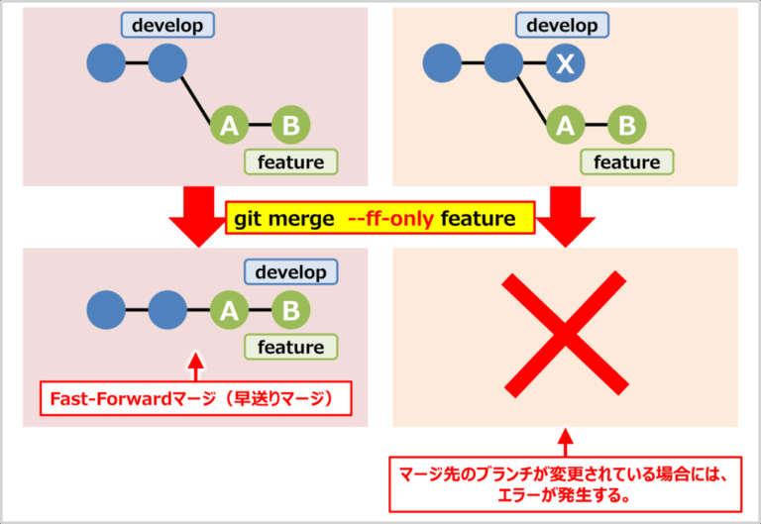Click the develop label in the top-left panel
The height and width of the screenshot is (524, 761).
coord(167,25)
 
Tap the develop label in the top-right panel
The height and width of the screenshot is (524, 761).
coord(562,25)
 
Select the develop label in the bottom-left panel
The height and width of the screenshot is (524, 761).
coord(290,271)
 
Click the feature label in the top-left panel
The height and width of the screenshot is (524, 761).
coord(290,162)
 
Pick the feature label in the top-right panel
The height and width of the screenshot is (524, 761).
coord(627,162)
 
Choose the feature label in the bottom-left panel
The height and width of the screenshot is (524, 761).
coord(290,347)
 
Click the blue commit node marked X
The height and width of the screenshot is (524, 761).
coord(566,63)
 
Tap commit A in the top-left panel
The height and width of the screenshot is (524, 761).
coord(230,125)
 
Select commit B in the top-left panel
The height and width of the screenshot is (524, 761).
coord(291,125)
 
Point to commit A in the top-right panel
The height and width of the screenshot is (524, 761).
coord(566,125)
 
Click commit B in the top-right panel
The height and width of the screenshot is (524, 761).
coord(627,125)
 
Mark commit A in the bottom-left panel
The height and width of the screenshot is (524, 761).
coord(230,310)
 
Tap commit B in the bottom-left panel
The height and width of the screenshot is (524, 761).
coord(291,310)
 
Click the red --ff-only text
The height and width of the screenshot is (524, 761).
coord(390,219)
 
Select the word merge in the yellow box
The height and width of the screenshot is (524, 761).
coord(301,220)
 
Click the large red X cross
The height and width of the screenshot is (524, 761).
coord(565,334)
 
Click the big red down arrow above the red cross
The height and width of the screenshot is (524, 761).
coord(566,216)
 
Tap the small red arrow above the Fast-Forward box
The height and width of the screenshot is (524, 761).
coord(195,367)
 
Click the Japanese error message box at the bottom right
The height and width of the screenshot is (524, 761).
coord(566,484)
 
